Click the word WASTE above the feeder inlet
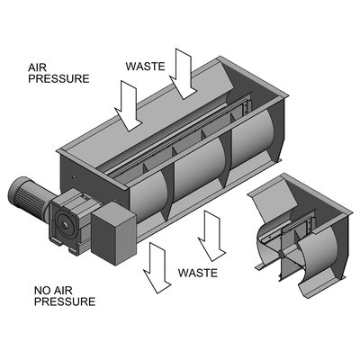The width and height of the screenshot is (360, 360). pos(146,67)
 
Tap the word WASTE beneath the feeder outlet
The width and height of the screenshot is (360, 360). pos(198,273)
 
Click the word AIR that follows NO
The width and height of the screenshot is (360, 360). pos(63,291)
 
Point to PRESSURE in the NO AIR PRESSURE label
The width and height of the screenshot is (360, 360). pos(65,301)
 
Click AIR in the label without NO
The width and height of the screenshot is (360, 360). pos(37,67)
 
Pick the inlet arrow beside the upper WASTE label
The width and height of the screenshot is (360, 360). pos(183,74)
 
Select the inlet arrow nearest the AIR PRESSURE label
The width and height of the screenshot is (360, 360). pos(128,105)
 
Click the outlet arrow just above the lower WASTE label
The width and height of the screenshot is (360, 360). pos(211,236)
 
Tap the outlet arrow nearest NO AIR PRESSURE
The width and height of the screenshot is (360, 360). pos(157,268)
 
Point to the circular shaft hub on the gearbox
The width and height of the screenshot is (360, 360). pos(64,225)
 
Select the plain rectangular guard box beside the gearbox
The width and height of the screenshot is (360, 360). pos(113,233)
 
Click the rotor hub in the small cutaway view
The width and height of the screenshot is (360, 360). pos(281,255)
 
